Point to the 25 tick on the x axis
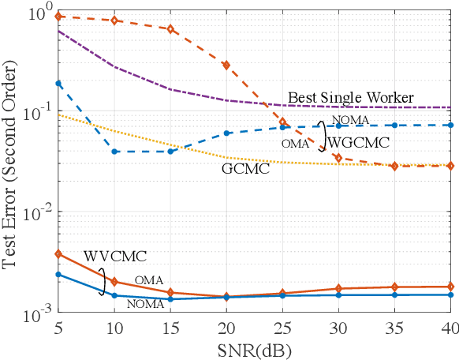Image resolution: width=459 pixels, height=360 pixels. [x=282, y=331]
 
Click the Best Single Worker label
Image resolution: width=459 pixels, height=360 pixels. [x=350, y=98]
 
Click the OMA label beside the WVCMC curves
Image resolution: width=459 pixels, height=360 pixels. [x=148, y=279]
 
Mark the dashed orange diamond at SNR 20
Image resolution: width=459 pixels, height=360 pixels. [x=226, y=65]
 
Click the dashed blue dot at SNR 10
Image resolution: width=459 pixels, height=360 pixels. [x=114, y=151]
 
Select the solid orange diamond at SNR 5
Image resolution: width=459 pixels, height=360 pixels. [x=58, y=253]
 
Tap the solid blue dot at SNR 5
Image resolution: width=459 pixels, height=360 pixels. [x=58, y=274]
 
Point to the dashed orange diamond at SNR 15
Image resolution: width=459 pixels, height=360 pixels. [x=170, y=29]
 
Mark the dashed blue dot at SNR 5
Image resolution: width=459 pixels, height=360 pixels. [x=58, y=83]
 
